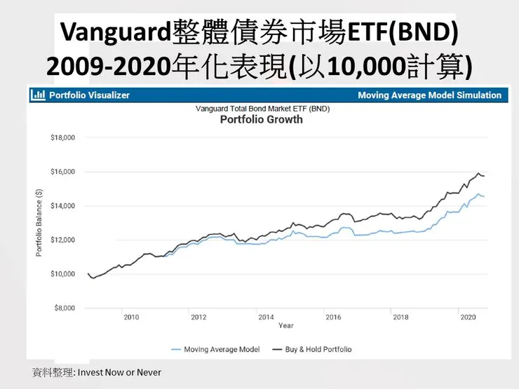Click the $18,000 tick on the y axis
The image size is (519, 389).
pos(63,138)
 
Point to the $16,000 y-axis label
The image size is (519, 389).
pos(63,172)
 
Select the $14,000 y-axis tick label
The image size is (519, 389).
pos(63,206)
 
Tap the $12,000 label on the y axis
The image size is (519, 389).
pos(63,240)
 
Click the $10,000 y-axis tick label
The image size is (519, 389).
pos(63,274)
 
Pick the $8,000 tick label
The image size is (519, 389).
pos(65,308)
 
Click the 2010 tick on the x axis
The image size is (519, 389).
pos(131,318)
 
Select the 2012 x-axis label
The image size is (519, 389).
pos(198,318)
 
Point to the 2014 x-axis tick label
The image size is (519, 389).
pos(266,318)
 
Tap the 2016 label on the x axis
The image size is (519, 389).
pos(333,318)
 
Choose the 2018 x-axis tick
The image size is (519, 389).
pos(400,318)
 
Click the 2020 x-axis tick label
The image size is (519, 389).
pos(468,318)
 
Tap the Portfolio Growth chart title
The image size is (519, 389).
pos(262,119)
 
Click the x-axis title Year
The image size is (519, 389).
pos(285,326)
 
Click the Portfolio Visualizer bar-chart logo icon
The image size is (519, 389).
pos(39,95)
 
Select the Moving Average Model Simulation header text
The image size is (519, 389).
pos(429,95)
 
